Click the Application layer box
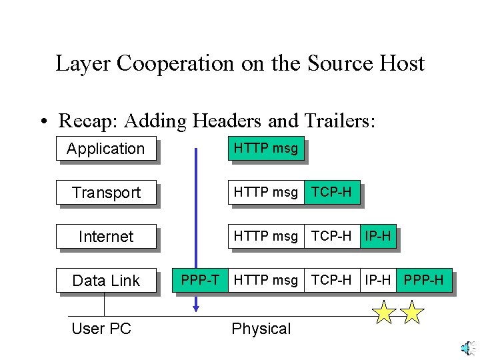click(x=105, y=149)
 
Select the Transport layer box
click(x=106, y=193)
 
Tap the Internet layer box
click(x=106, y=237)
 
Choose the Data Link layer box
click(x=106, y=281)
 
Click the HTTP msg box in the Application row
click(x=265, y=148)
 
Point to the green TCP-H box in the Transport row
click(x=332, y=192)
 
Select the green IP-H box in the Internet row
click(x=377, y=236)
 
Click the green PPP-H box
click(x=423, y=280)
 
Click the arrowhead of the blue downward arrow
click(x=196, y=307)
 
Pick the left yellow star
click(x=385, y=312)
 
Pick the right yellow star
click(x=413, y=312)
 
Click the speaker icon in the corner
click(x=468, y=348)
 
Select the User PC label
click(x=101, y=329)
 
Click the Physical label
click(x=261, y=329)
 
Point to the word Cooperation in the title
click(x=175, y=63)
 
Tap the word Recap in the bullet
click(x=86, y=121)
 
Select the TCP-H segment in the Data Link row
click(x=331, y=280)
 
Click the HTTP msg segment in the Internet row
click(x=265, y=236)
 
